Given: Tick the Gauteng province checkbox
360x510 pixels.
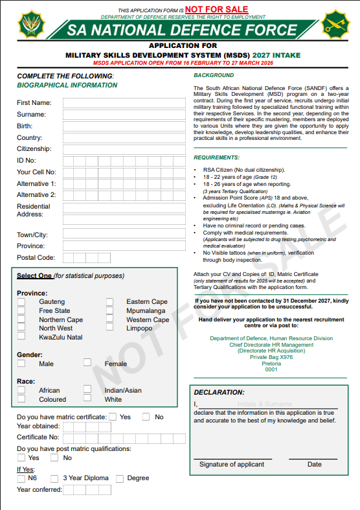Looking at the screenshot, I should (21, 302).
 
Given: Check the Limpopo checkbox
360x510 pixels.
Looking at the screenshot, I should (109, 329).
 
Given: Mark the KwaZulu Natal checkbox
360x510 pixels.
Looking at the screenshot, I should (21, 337).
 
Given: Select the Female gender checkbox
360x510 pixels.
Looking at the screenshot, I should (87, 363).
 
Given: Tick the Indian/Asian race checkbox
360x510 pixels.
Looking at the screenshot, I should (87, 389).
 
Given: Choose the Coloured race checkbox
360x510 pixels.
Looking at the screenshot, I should (21, 399).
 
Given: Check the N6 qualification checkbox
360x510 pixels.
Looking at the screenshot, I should (21, 478).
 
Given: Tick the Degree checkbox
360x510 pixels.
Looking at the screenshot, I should (120, 479).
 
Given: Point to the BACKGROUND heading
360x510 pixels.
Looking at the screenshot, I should (214, 76).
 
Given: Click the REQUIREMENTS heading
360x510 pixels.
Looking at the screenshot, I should (217, 157).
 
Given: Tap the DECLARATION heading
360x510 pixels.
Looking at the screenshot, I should (219, 392).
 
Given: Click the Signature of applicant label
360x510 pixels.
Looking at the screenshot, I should (232, 464).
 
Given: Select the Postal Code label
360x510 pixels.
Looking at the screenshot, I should (35, 258).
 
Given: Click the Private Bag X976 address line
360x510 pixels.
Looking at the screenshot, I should (271, 357).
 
